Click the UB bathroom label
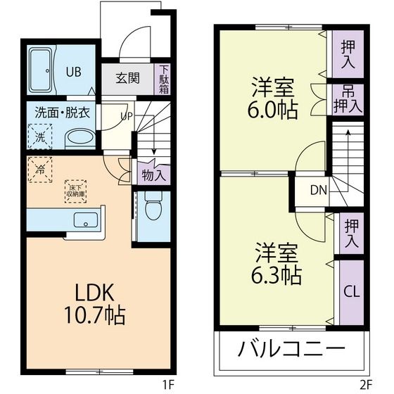(73, 70)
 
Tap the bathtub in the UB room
(43, 70)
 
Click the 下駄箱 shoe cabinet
(163, 80)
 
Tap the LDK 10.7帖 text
(96, 304)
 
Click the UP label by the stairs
(127, 116)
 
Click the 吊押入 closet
(348, 100)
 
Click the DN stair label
(318, 189)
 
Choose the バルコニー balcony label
(291, 349)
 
